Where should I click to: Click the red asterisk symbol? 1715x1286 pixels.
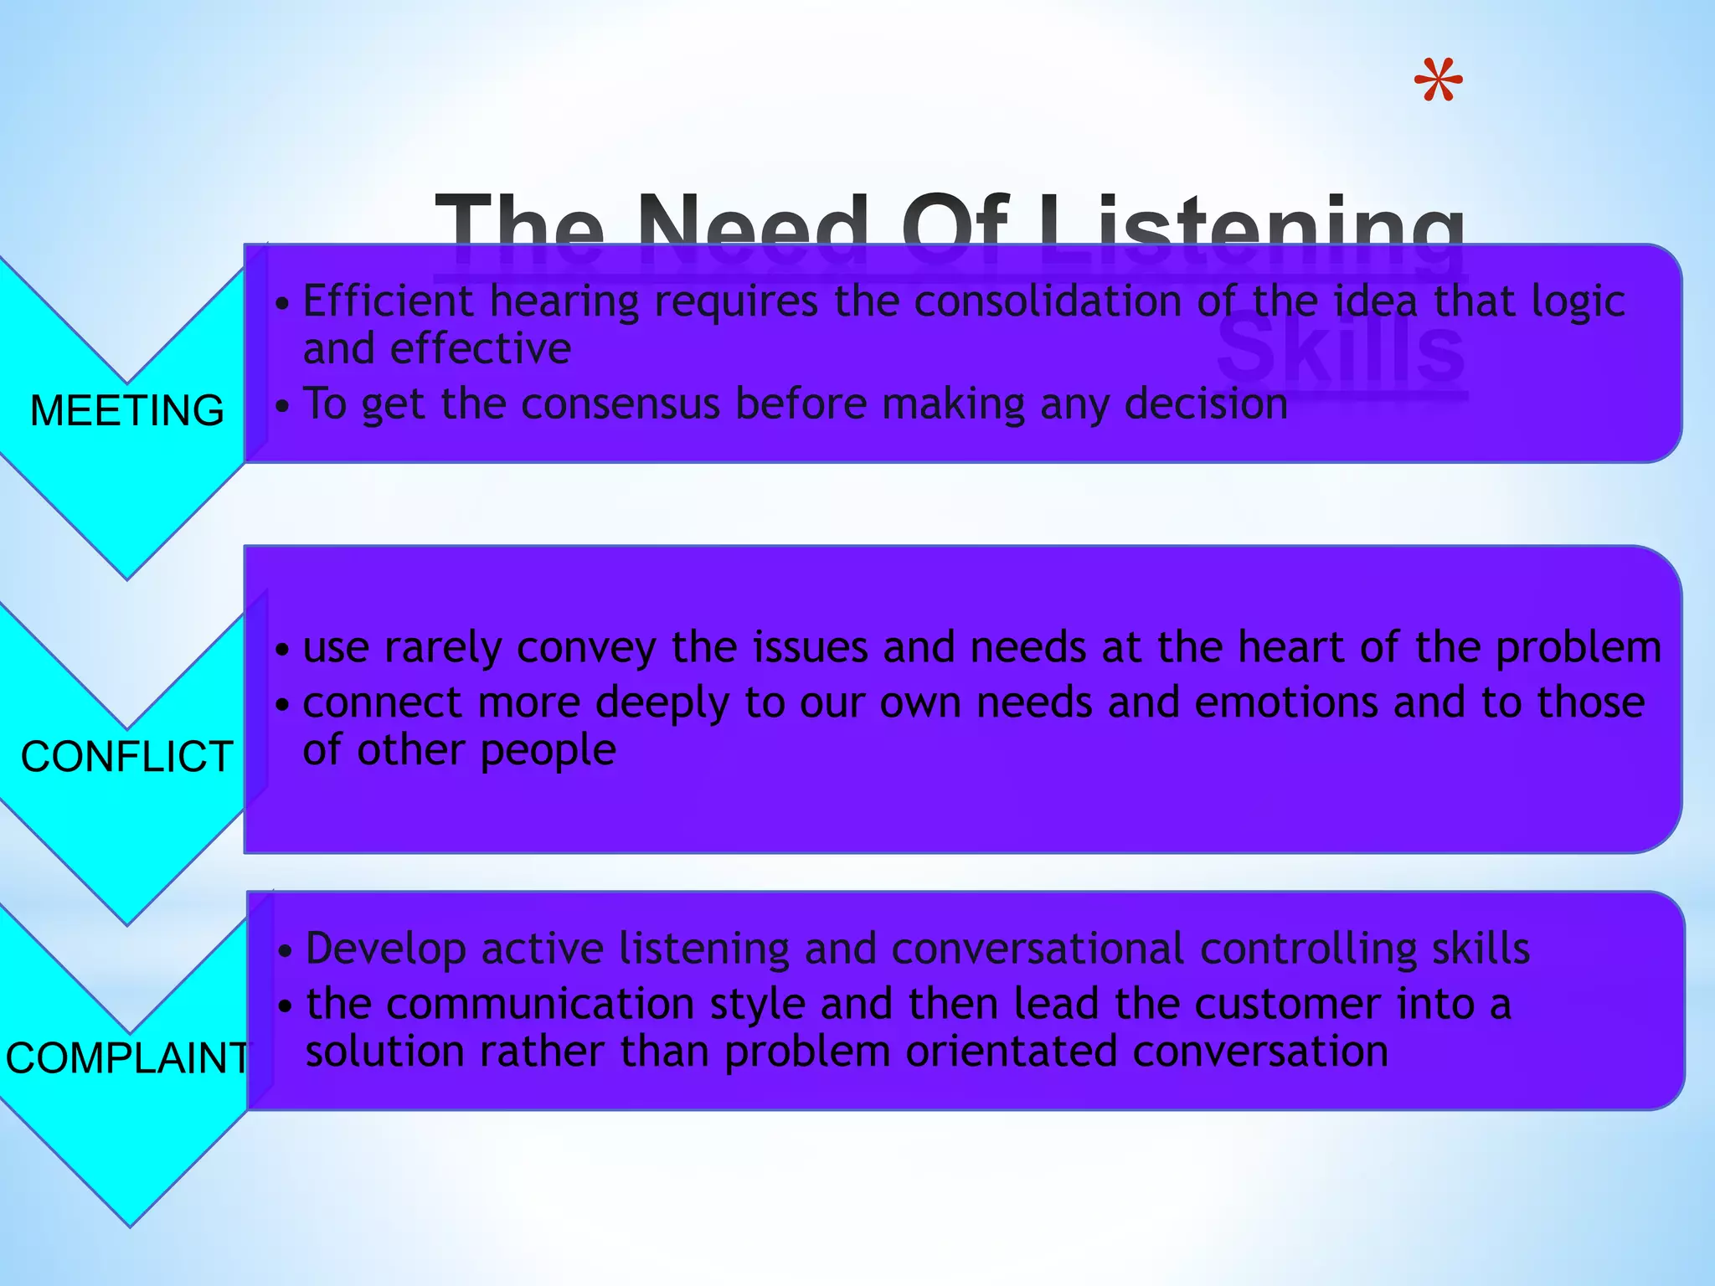point(1438,81)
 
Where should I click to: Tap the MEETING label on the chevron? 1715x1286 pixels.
point(127,410)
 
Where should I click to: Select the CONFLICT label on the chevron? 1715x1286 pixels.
point(127,756)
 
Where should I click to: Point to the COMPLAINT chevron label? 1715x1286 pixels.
point(127,1057)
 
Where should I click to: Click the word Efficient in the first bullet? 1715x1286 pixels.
point(389,301)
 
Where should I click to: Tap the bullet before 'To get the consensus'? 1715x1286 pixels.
point(283,406)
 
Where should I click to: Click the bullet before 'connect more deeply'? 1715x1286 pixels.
point(283,704)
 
